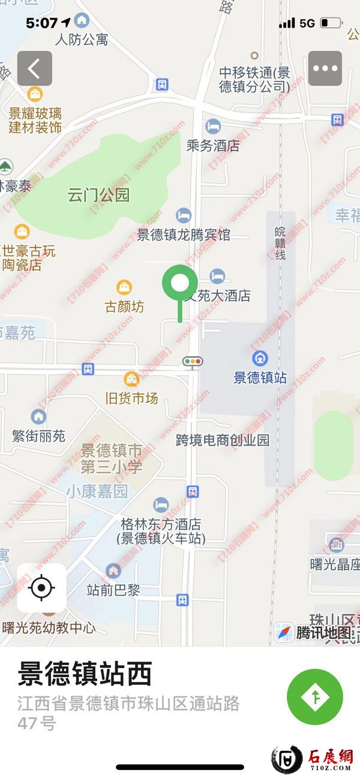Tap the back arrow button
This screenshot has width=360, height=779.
(34, 68)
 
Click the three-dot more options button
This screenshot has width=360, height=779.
(325, 68)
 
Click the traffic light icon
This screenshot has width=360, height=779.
(193, 361)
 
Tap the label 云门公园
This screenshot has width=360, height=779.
(98, 195)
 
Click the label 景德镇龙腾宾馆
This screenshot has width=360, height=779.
(184, 234)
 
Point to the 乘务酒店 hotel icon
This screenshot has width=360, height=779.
(212, 127)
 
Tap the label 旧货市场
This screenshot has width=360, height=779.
(131, 398)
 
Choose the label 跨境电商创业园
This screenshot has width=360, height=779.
(223, 440)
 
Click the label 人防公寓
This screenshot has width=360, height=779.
(82, 40)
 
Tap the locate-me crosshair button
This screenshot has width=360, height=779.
(41, 588)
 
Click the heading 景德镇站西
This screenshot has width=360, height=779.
(84, 674)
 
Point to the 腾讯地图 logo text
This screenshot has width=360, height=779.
(323, 633)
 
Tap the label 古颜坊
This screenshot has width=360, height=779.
(125, 307)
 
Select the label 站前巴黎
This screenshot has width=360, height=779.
(113, 590)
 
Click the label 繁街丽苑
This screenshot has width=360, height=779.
(38, 435)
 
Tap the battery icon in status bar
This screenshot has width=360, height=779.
(331, 23)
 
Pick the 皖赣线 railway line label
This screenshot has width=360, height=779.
(280, 243)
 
